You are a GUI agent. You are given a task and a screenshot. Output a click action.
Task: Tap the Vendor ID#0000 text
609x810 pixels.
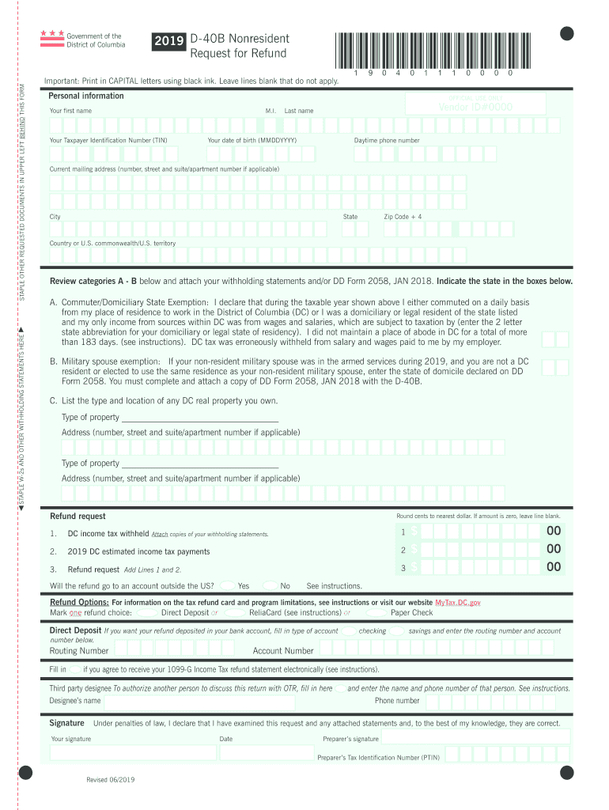click(x=475, y=107)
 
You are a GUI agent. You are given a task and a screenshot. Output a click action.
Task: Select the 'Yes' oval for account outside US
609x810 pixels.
click(x=227, y=586)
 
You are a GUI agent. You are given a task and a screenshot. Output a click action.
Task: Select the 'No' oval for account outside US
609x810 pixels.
click(x=270, y=586)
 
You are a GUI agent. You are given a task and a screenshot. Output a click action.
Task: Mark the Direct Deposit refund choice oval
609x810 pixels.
click(x=146, y=612)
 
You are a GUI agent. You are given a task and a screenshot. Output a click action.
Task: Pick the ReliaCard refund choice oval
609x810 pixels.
click(x=233, y=612)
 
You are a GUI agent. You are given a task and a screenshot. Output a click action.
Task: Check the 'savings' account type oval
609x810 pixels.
click(x=398, y=631)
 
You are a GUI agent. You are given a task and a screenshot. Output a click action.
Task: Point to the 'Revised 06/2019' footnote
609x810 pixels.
click(x=111, y=780)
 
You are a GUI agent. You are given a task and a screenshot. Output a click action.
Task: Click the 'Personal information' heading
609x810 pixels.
click(x=86, y=96)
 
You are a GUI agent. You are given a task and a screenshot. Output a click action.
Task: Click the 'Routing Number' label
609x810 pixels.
click(x=79, y=651)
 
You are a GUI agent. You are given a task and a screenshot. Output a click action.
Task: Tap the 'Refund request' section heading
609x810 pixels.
click(x=78, y=517)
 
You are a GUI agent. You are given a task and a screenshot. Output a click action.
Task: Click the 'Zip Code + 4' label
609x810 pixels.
click(x=403, y=217)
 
